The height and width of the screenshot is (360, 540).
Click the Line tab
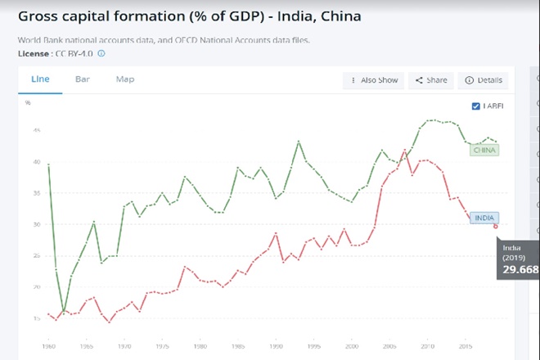[x=40, y=79]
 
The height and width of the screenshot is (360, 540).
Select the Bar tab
[x=83, y=79]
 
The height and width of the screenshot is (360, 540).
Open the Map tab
[x=125, y=79]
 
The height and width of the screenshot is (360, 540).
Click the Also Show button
[x=374, y=80]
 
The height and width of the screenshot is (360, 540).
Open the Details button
[x=484, y=80]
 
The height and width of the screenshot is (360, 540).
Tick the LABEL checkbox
[x=477, y=106]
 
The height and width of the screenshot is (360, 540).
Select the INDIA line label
[x=484, y=218]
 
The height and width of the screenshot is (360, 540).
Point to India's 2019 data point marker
[x=495, y=226]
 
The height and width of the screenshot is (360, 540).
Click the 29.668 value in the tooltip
[x=520, y=269]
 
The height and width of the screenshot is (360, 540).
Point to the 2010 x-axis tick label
[x=426, y=346]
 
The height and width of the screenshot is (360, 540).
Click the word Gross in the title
[x=42, y=16]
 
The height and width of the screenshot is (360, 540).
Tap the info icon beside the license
[x=101, y=53]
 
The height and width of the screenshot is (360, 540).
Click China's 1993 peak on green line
[x=299, y=142]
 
